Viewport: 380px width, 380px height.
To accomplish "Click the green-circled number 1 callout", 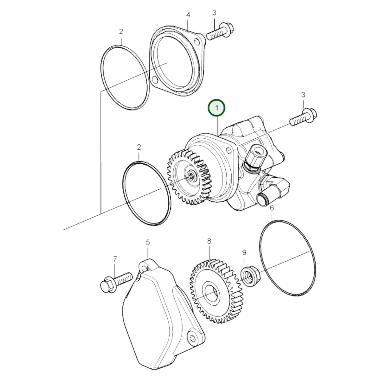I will [217, 108].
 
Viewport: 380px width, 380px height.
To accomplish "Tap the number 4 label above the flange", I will [188, 15].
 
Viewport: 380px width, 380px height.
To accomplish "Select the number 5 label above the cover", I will [148, 242].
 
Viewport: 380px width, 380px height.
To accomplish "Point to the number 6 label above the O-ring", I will [272, 208].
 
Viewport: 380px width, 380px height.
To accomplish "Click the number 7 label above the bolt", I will [115, 259].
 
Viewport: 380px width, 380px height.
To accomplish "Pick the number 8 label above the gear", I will [209, 241].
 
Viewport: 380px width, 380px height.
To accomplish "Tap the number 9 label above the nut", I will [244, 253].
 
